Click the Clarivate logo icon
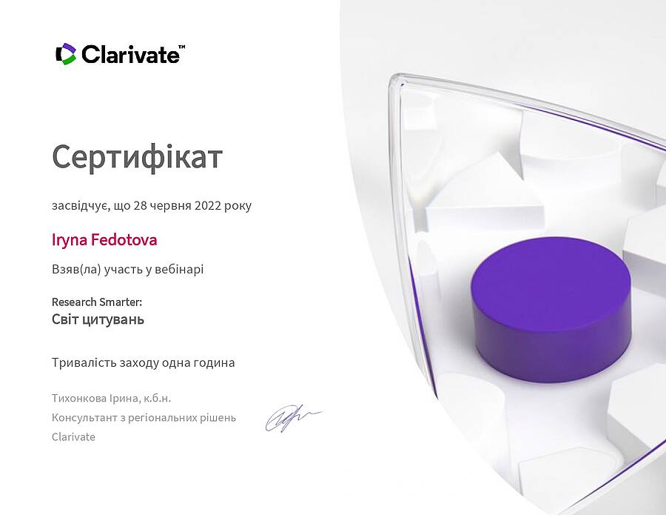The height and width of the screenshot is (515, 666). tap(66, 54)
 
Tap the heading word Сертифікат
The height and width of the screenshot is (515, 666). tap(137, 157)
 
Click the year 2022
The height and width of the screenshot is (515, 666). tap(208, 205)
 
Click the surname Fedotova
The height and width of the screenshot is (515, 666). tap(124, 240)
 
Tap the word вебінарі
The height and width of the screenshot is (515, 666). tap(179, 269)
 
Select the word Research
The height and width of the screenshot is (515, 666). tap(74, 302)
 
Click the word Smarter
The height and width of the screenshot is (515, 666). tap(120, 302)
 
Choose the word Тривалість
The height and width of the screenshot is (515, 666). tap(84, 363)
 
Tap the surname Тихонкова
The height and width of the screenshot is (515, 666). tap(79, 399)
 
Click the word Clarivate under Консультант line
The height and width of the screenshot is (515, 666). tap(73, 437)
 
